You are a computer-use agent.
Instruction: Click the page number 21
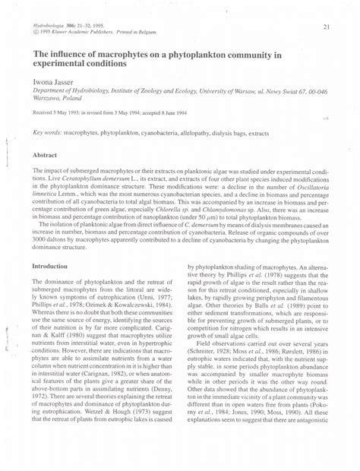(x=326, y=28)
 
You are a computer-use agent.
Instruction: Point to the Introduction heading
(x=49, y=267)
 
